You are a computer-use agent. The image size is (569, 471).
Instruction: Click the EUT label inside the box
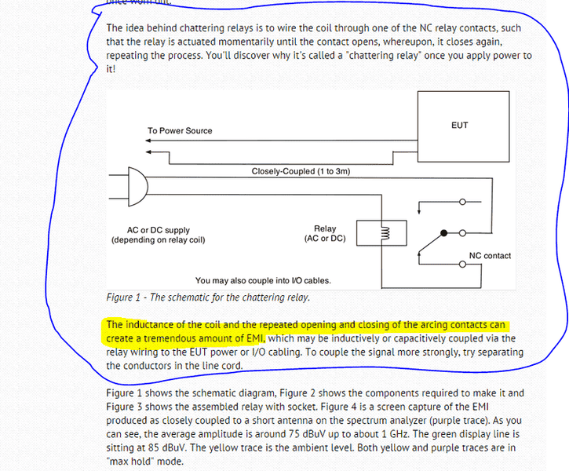click(x=459, y=125)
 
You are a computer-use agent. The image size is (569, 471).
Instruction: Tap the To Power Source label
click(x=180, y=130)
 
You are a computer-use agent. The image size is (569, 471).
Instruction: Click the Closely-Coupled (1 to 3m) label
click(x=301, y=171)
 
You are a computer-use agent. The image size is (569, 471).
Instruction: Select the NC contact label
click(x=490, y=256)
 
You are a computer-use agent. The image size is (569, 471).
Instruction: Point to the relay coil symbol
click(x=385, y=232)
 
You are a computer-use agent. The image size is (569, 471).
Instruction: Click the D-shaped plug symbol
click(x=138, y=187)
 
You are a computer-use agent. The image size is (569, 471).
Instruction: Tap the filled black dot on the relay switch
click(x=443, y=233)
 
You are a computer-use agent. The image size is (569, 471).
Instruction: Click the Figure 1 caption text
click(x=208, y=298)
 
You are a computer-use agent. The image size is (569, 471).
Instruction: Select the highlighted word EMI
click(x=256, y=338)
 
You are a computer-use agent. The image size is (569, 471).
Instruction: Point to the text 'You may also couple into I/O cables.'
click(x=263, y=280)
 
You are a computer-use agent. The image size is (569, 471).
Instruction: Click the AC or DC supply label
click(x=159, y=231)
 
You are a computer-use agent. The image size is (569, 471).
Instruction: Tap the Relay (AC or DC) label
click(x=325, y=233)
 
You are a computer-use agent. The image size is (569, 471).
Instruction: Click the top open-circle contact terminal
click(x=462, y=202)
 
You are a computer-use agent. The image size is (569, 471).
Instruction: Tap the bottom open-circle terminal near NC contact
click(x=462, y=265)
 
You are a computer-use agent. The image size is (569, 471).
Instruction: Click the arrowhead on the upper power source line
click(x=148, y=141)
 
